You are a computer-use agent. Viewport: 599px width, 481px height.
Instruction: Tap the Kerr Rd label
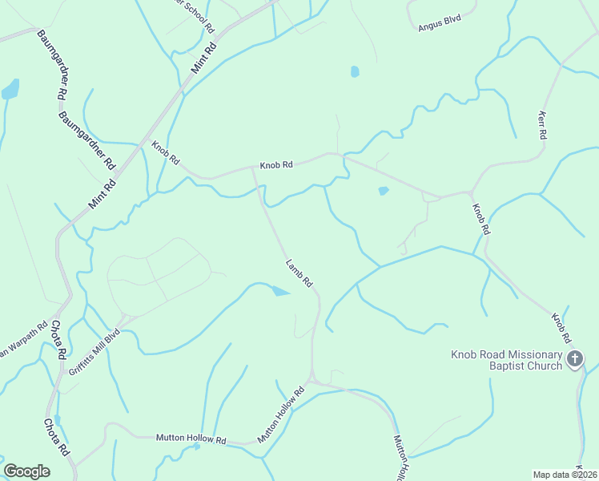tap(541, 124)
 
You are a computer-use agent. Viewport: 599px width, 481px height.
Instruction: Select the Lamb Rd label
tap(299, 273)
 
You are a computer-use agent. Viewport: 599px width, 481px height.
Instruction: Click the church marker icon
tap(574, 359)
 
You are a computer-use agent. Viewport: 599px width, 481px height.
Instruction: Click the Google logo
tap(26, 471)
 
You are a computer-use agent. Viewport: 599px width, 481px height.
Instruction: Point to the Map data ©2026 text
tap(565, 475)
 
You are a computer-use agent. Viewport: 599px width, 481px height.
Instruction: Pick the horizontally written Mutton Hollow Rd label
tap(192, 440)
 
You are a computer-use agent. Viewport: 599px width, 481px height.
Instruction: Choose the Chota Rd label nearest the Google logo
tap(58, 438)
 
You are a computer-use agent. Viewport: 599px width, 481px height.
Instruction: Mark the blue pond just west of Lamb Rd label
tap(279, 291)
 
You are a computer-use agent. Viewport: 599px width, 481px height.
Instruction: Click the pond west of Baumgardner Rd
tap(10, 90)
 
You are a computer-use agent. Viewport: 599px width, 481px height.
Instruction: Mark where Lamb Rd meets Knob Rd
tap(254, 169)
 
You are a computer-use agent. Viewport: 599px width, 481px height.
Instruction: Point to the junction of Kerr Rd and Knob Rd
tap(472, 192)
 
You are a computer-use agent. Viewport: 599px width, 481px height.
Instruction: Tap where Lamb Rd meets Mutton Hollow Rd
tap(313, 379)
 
